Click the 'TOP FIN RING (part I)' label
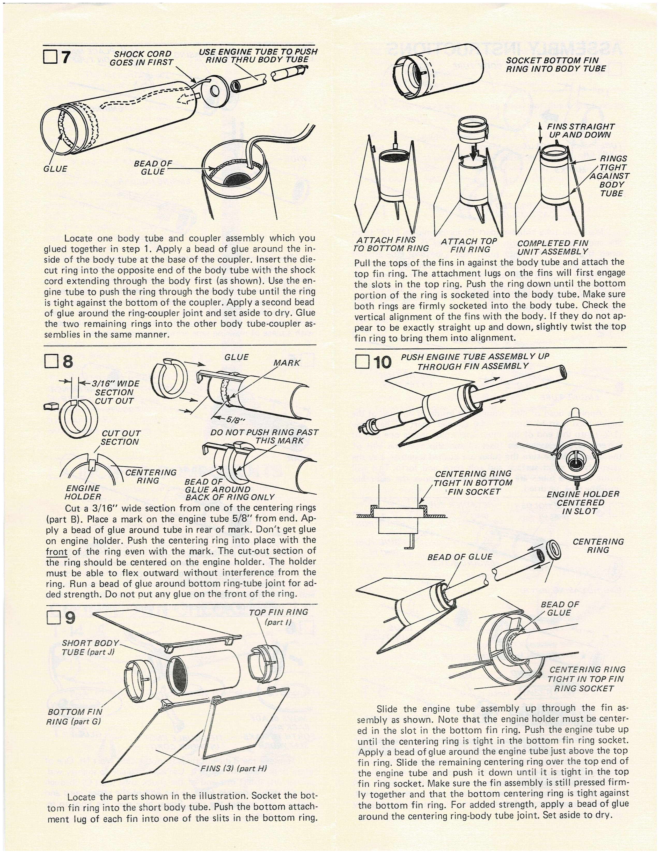(x=278, y=617)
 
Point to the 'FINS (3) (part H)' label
(x=233, y=768)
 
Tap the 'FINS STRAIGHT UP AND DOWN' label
(x=580, y=131)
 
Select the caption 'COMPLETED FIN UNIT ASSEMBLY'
(x=553, y=247)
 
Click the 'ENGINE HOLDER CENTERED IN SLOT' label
(x=583, y=503)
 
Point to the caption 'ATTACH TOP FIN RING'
(x=468, y=245)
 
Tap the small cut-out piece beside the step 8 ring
(x=50, y=407)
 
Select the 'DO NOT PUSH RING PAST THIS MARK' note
(x=264, y=436)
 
